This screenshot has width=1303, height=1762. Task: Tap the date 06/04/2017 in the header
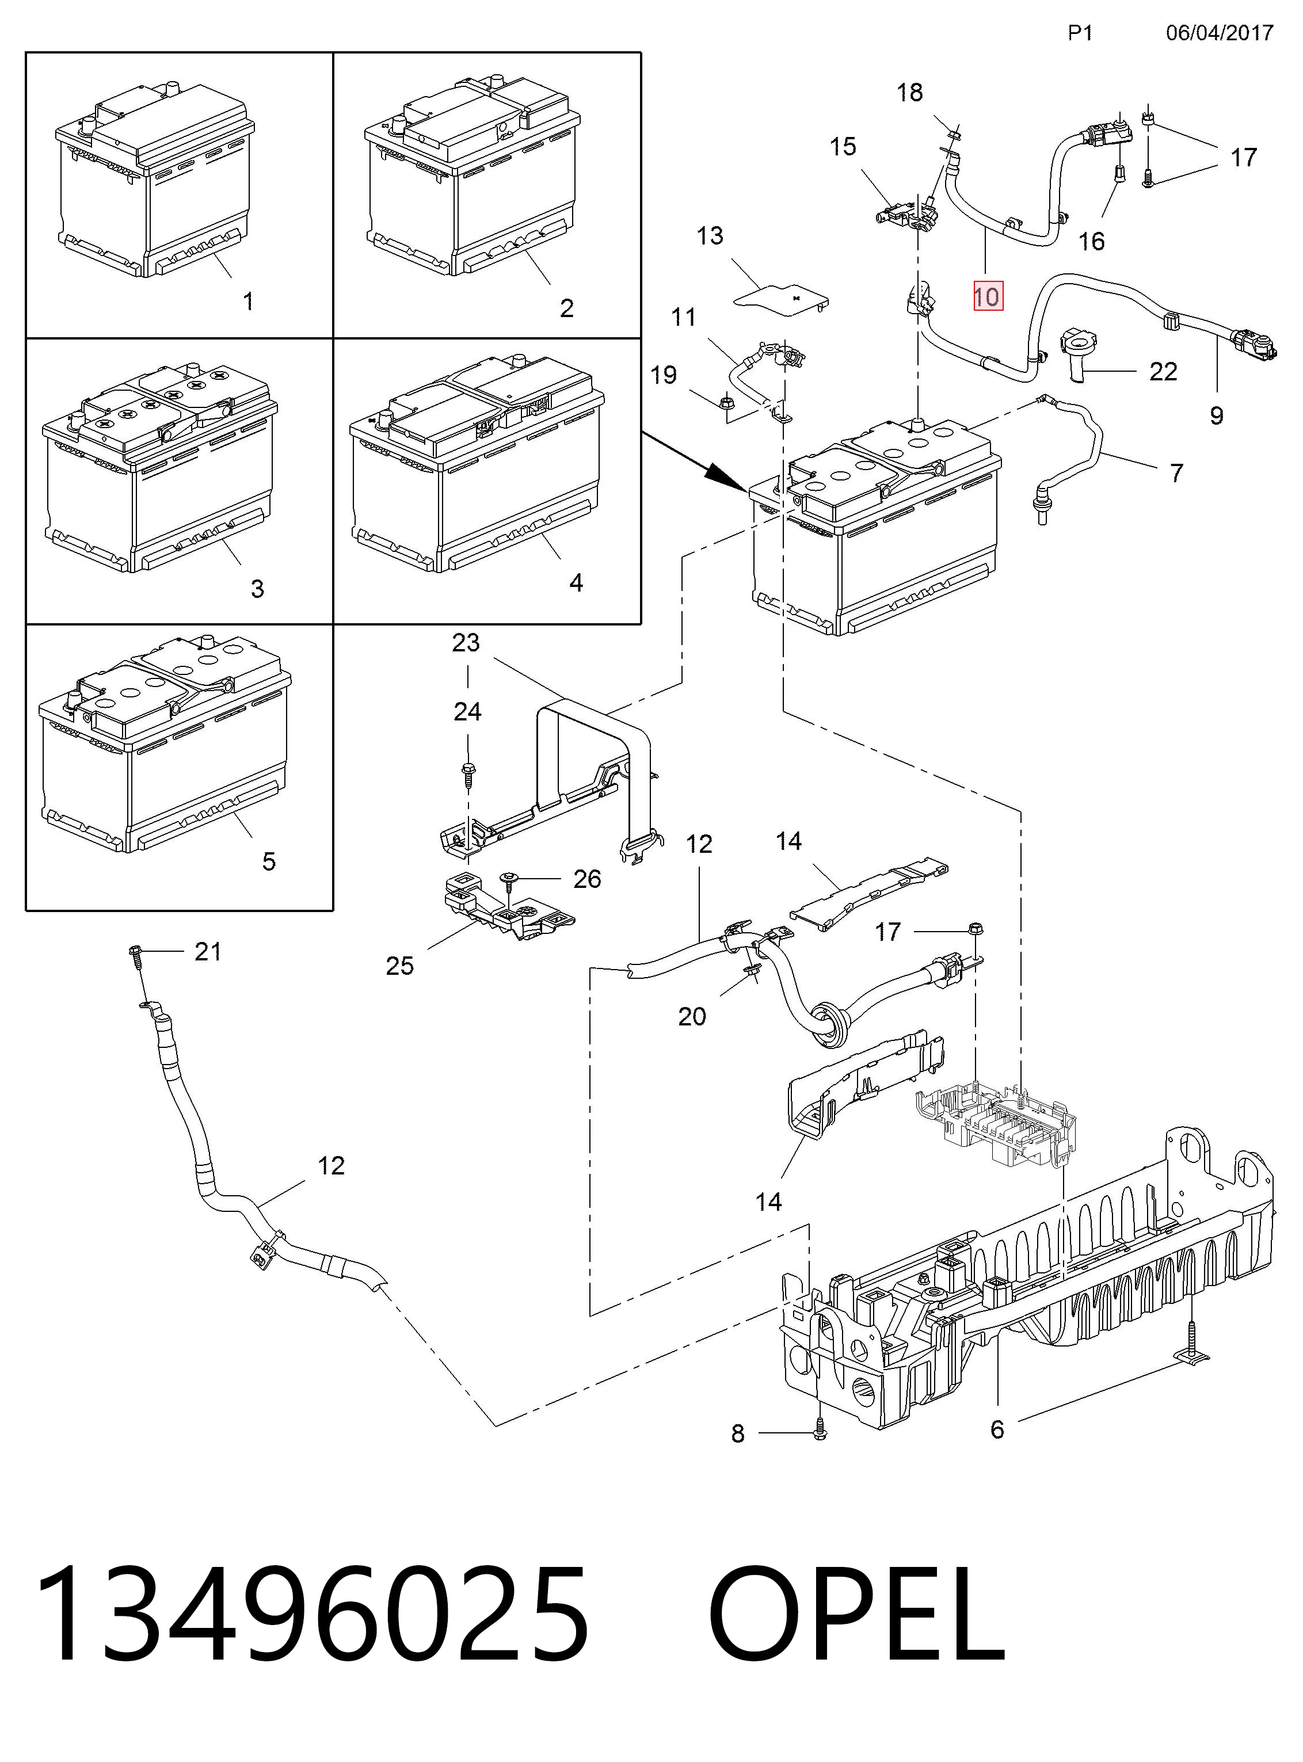(x=1220, y=32)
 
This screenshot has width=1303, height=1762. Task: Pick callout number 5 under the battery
(x=269, y=861)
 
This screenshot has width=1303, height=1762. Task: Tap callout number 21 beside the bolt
(x=207, y=951)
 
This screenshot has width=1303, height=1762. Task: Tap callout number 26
(x=587, y=879)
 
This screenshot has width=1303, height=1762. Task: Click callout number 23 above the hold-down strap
(x=466, y=643)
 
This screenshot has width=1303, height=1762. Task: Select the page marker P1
(x=1080, y=32)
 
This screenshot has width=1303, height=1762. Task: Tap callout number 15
(x=843, y=146)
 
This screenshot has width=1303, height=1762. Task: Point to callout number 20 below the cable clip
(x=692, y=1016)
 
